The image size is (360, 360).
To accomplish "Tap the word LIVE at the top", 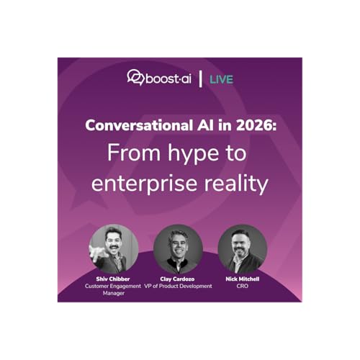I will (x=222, y=78).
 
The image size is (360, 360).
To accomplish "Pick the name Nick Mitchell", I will (x=243, y=279).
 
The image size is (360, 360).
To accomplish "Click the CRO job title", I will (x=243, y=286).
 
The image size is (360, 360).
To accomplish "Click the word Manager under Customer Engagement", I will (x=114, y=294).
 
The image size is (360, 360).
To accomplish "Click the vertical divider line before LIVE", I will (x=199, y=78).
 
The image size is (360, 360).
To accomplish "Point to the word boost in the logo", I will (x=163, y=78).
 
